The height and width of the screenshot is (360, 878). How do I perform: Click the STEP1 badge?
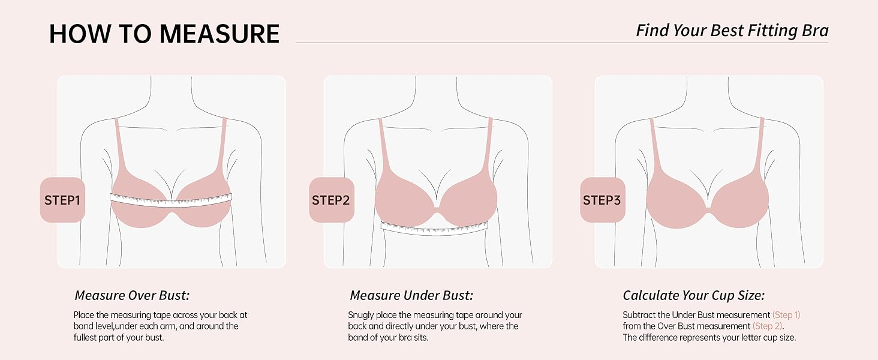coord(63,200)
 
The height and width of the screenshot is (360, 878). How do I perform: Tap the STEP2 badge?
coord(332,200)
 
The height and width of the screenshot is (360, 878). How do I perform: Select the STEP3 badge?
coord(603,200)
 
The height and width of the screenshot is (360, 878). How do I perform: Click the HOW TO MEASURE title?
coord(164,34)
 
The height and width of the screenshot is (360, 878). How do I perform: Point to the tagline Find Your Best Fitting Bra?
coord(732,31)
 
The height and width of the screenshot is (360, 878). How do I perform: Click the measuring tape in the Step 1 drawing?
coord(171,200)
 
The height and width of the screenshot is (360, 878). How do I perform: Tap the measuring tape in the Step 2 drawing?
coord(434,228)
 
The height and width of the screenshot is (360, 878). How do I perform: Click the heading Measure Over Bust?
coord(132,295)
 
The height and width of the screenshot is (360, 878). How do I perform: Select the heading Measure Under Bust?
coord(411,295)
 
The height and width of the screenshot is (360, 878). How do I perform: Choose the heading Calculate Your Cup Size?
coord(694,295)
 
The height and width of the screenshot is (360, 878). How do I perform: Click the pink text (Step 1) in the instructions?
coord(786,315)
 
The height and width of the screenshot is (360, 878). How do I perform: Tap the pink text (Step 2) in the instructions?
coord(768,326)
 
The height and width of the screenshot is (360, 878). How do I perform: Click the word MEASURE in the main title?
coord(220,34)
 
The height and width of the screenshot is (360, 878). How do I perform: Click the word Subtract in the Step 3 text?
coord(640,315)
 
